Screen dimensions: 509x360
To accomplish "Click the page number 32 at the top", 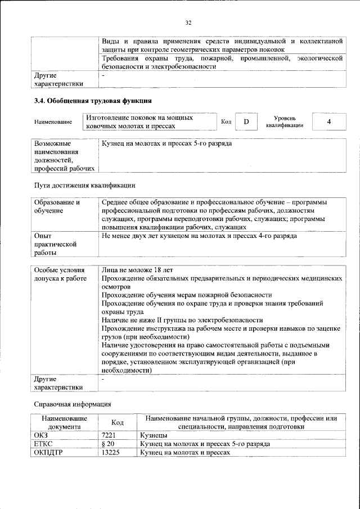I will point(188,22).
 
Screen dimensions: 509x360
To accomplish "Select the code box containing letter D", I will point(246,121).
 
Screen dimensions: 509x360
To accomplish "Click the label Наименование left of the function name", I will point(53,122).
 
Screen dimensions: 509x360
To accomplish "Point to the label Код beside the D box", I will point(226,121).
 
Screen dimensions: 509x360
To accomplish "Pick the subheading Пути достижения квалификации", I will point(84,185).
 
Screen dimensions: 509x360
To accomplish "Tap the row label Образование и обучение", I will point(57,206).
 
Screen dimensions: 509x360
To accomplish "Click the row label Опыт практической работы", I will point(55,245).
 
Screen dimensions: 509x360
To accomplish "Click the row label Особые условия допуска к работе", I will point(58,274).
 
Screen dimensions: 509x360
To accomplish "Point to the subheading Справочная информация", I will point(73,404).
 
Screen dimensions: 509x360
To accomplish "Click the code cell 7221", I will point(109,435).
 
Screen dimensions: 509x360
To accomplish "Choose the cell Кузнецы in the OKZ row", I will point(154,435).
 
